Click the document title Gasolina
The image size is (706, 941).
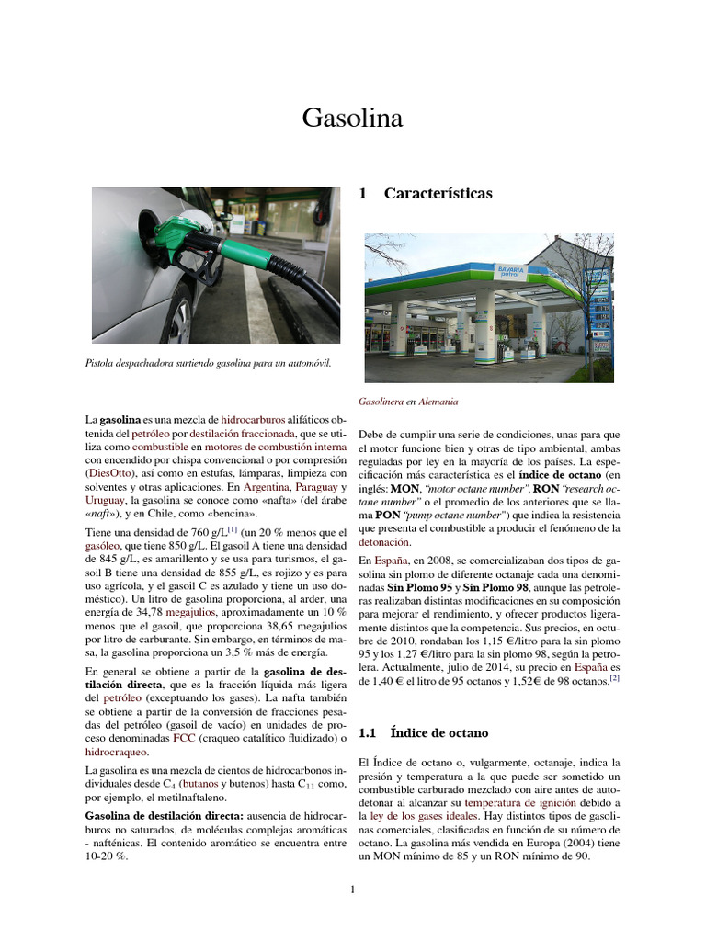(353, 119)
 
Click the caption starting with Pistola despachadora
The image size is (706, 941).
(208, 363)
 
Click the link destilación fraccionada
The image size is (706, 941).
(243, 432)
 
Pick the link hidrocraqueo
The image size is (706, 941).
(117, 751)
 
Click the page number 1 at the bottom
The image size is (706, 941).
(353, 889)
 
